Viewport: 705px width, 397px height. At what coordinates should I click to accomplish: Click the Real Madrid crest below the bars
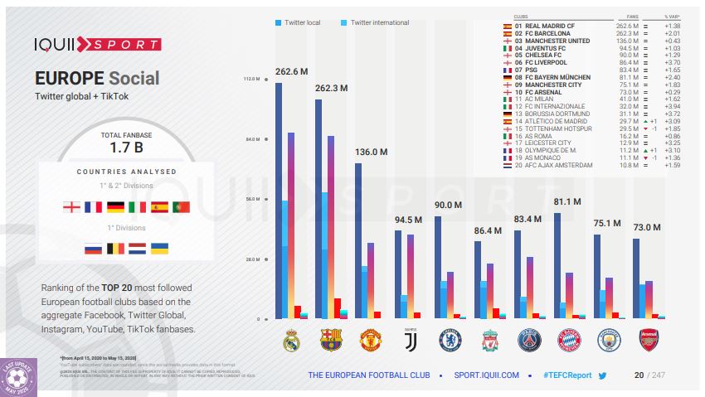coord(290,340)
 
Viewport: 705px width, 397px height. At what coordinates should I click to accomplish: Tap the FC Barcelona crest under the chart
coord(331,340)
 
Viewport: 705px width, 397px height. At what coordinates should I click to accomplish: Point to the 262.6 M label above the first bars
coord(291,71)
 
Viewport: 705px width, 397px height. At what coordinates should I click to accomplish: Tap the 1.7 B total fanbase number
coord(127,148)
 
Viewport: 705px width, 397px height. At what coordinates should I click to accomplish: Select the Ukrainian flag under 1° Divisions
coord(159,248)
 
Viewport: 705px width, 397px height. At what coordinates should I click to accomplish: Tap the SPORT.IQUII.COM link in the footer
coord(486,375)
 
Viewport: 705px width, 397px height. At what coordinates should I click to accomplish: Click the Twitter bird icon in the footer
coord(603,375)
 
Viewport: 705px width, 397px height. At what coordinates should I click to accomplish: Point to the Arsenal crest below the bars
coord(648,340)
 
